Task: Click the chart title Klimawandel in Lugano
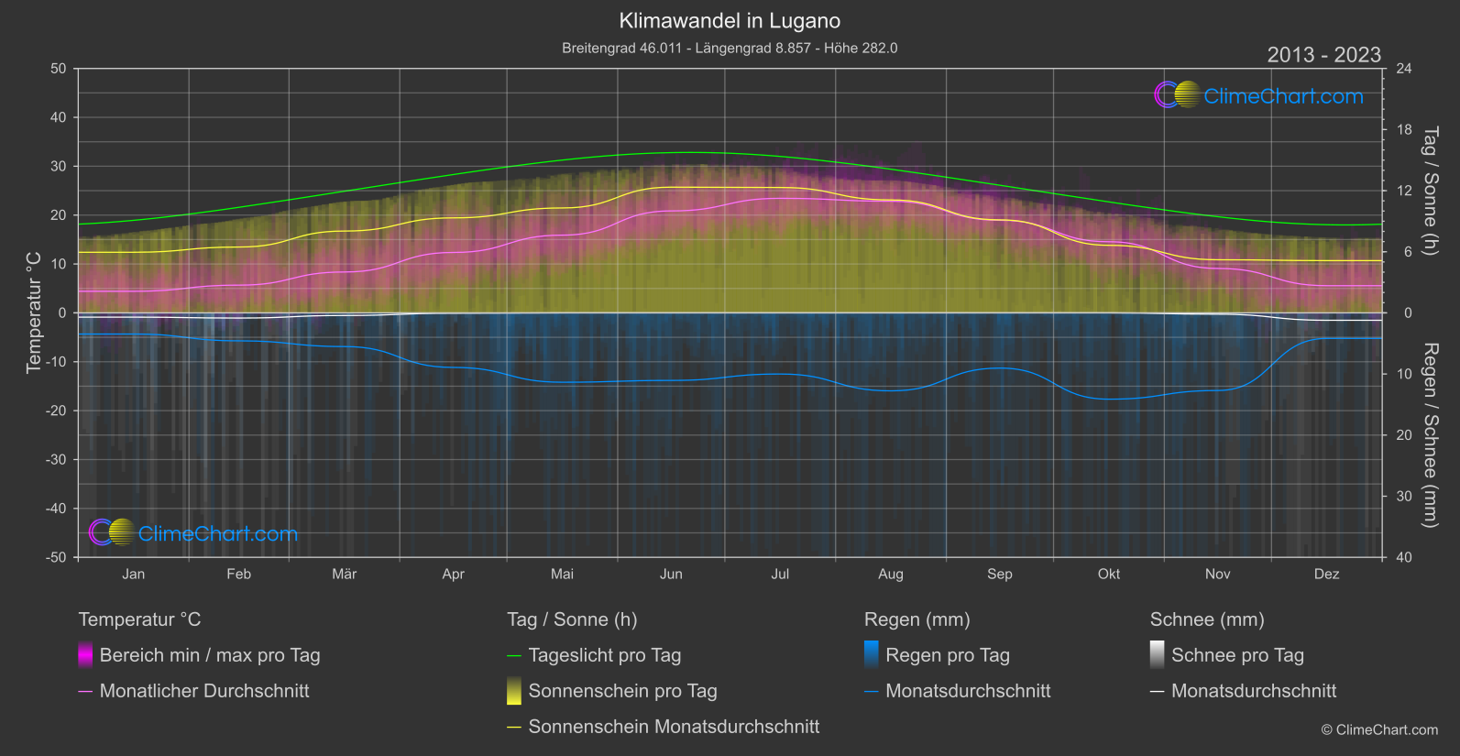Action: tap(730, 21)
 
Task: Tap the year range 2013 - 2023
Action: tap(1323, 55)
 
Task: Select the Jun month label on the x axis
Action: tap(671, 575)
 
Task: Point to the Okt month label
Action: tap(1108, 575)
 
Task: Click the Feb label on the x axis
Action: tap(238, 575)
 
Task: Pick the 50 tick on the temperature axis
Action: tap(59, 69)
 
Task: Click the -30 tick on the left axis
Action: tap(56, 460)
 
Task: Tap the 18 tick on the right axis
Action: tap(1403, 130)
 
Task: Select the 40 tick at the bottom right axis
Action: tap(1403, 557)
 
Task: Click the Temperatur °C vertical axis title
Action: tap(34, 312)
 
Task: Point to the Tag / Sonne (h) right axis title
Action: tap(1429, 191)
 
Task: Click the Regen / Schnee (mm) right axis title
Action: tap(1429, 435)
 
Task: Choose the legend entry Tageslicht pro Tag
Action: tap(604, 655)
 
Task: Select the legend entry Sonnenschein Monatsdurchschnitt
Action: tap(674, 727)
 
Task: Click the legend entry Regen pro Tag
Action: tap(947, 655)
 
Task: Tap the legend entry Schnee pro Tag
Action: tap(1237, 655)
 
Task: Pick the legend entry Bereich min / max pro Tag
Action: tap(209, 655)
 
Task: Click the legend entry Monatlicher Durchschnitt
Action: tap(203, 691)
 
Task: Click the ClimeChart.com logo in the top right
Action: tap(1259, 95)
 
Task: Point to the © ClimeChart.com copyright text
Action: tap(1379, 730)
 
